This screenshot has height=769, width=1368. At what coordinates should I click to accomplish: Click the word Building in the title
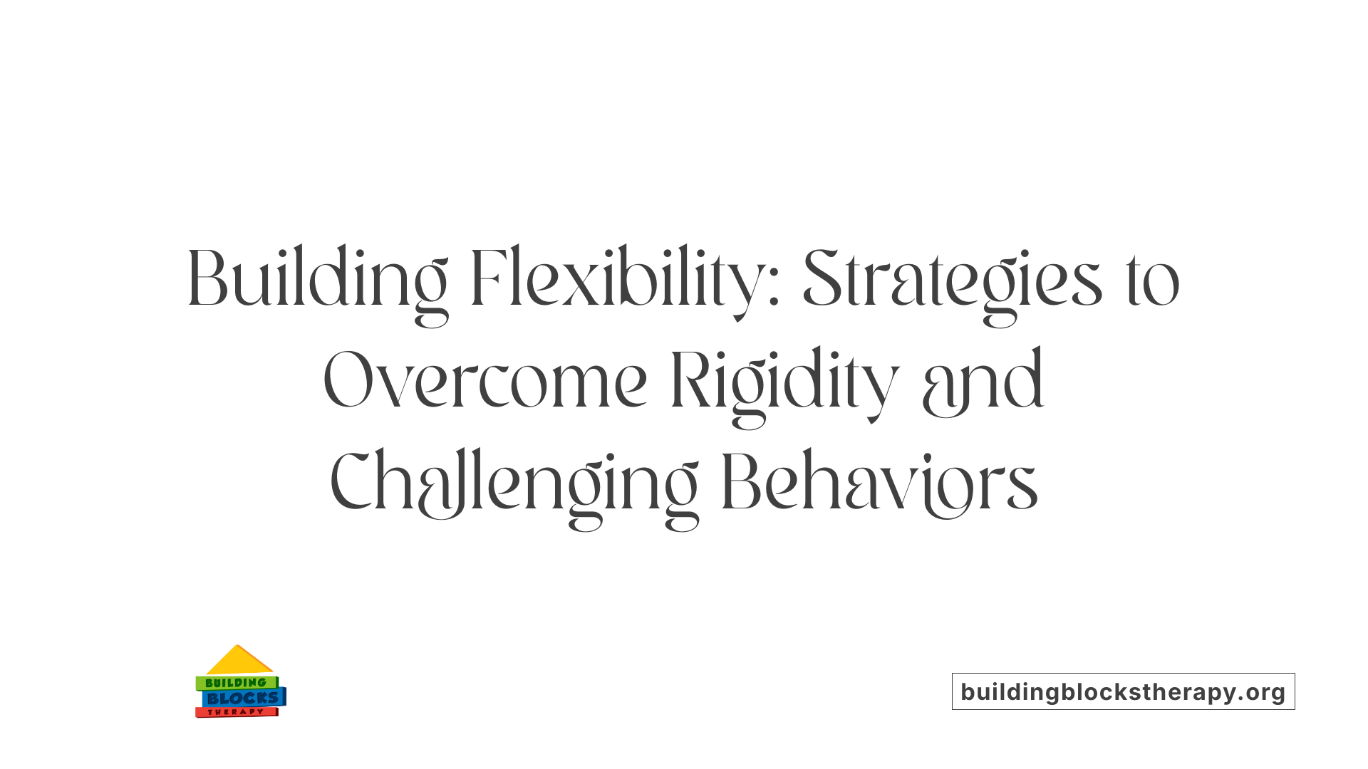coord(317,279)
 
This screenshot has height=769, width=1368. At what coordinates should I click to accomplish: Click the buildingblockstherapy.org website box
coord(1123,691)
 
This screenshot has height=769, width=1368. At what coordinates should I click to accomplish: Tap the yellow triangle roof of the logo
coord(239,661)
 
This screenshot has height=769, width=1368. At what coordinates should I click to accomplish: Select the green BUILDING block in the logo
coord(236,683)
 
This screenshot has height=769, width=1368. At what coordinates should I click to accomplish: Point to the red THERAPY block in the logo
coord(236,712)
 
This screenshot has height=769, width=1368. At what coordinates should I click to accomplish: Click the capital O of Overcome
coord(349,381)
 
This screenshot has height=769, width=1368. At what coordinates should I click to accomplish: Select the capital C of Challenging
coord(353,482)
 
